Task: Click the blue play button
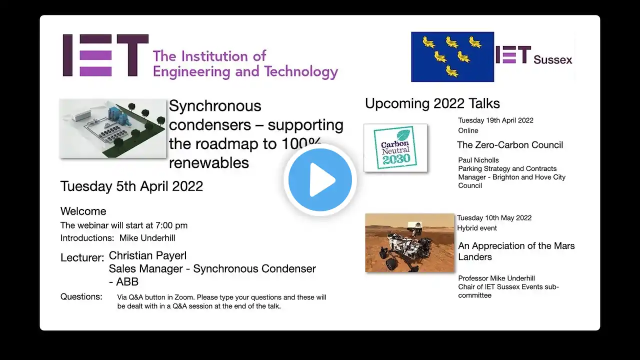320,180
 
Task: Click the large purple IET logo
105,55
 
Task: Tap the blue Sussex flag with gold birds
452,57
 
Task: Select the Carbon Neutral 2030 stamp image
395,147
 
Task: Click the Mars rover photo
409,243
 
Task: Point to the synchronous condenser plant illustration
113,128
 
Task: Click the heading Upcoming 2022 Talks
432,103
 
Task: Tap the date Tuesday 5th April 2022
131,186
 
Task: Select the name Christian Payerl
147,255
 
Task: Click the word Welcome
83,211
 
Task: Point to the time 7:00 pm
171,225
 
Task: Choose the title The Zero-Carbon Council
510,145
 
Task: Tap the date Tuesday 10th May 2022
494,217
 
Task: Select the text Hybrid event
477,228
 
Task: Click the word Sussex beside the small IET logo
553,59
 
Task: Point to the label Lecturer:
82,257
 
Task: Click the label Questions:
81,296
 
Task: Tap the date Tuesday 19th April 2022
495,120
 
